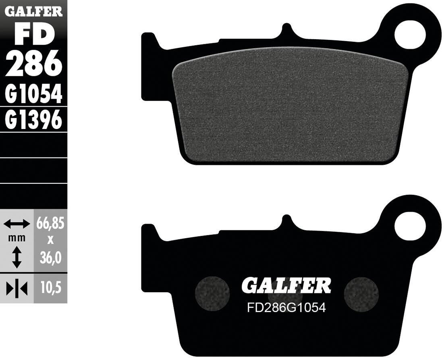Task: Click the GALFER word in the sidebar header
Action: click(x=33, y=11)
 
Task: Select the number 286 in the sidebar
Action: click(x=34, y=65)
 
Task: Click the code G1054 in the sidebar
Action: click(x=34, y=94)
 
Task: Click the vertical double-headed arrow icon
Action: click(x=17, y=258)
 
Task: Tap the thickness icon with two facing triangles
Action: click(x=17, y=288)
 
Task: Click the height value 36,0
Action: click(x=51, y=258)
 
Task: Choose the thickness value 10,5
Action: click(x=51, y=288)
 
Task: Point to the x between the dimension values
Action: click(x=51, y=239)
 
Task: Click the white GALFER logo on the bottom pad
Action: click(x=286, y=285)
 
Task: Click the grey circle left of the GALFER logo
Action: click(x=212, y=293)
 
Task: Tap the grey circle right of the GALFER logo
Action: click(x=362, y=293)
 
